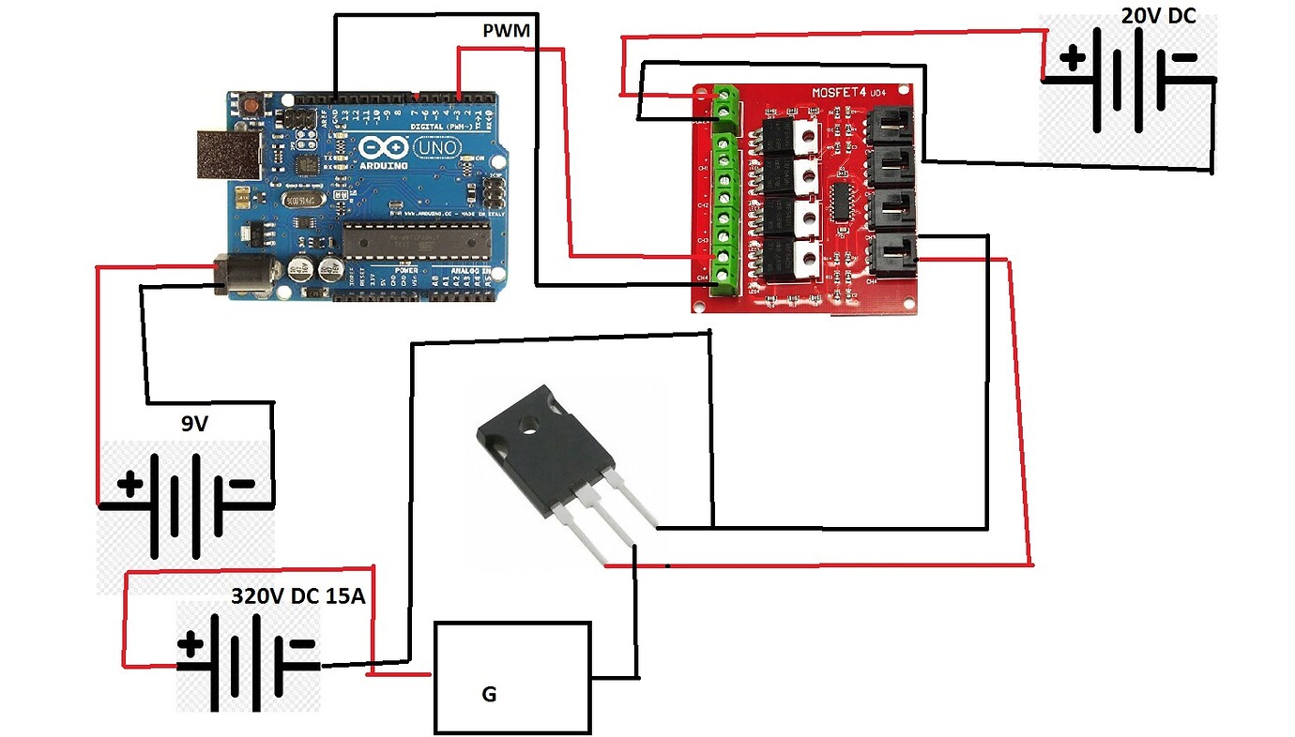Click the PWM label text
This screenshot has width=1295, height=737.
coord(506,32)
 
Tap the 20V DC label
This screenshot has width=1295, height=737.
coord(1159,15)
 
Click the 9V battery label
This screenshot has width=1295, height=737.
coord(194,424)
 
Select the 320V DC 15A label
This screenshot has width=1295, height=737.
coord(298,596)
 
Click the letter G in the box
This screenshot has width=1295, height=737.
coord(488,695)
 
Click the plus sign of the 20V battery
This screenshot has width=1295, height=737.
coord(1071,59)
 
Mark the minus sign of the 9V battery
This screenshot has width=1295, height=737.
coord(240,485)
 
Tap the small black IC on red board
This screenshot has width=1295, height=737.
coord(840,202)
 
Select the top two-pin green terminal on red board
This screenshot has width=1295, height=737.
coord(724,104)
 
